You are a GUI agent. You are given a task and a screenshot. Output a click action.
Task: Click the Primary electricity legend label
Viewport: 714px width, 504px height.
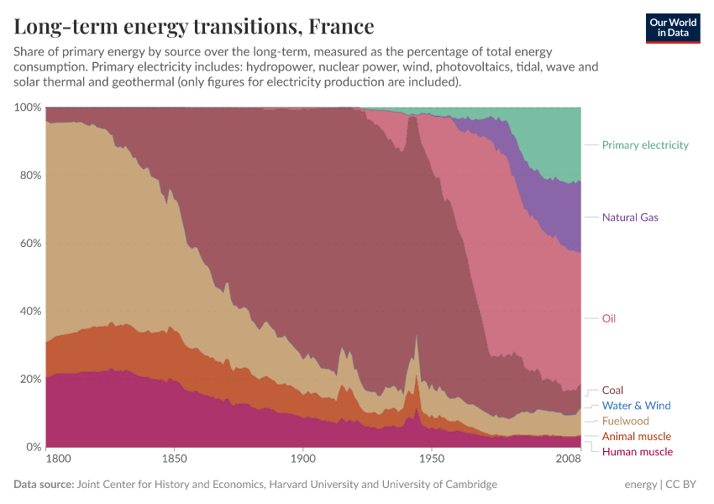click(644, 145)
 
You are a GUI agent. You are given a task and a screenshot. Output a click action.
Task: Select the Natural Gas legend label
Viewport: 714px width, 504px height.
click(629, 218)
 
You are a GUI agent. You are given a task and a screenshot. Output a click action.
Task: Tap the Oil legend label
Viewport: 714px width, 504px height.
click(609, 318)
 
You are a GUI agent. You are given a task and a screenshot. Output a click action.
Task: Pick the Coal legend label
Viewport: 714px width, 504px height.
click(612, 391)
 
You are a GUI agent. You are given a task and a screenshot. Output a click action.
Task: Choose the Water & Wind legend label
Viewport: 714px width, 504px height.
click(636, 406)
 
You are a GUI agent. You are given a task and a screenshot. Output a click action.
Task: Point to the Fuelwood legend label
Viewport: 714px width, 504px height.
click(625, 421)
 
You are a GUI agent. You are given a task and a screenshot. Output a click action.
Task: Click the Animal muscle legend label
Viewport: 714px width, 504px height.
click(636, 437)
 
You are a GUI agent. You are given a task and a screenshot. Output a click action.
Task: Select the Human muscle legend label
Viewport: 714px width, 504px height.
click(637, 452)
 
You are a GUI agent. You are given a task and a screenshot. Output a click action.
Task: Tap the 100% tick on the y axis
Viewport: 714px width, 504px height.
click(28, 108)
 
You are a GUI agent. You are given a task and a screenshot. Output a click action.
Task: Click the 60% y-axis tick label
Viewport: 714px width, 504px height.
click(30, 244)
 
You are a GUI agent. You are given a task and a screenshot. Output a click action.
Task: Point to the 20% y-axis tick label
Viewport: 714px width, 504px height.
click(30, 379)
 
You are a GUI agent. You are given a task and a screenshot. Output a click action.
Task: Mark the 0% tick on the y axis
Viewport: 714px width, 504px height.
click(34, 447)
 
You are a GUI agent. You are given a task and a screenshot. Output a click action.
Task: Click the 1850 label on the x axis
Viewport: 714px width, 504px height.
click(174, 459)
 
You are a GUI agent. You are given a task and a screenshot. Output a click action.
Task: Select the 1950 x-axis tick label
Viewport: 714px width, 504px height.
click(431, 459)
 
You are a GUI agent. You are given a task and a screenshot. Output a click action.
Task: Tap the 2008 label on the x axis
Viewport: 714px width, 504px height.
click(568, 459)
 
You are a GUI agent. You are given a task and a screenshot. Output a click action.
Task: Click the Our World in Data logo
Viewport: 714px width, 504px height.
click(673, 28)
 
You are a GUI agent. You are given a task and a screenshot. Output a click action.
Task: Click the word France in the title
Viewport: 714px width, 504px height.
click(341, 26)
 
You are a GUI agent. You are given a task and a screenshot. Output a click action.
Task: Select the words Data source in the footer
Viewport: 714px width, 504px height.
click(43, 485)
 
